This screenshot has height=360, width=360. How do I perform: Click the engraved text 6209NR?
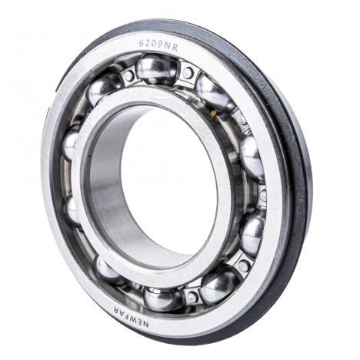pyautogui.click(x=158, y=45)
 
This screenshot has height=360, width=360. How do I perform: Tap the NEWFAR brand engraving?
pyautogui.click(x=130, y=316)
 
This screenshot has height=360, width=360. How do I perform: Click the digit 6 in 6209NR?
pyautogui.click(x=142, y=43)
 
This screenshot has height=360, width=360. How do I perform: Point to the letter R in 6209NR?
pyautogui.click(x=175, y=48)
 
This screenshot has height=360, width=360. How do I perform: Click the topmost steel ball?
pyautogui.click(x=155, y=67)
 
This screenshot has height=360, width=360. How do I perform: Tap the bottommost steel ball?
pyautogui.click(x=162, y=299)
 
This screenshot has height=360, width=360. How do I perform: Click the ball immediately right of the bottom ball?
pyautogui.click(x=218, y=288)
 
